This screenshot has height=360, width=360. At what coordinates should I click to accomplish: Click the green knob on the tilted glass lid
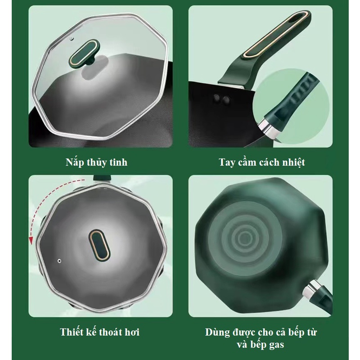(84, 53)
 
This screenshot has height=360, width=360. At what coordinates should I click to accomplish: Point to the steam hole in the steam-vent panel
(59, 261)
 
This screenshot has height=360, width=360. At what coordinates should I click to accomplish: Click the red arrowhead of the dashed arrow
(31, 240)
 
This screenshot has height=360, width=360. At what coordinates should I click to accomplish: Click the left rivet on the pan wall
(216, 97)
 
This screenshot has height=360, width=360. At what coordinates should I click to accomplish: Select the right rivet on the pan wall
(226, 99)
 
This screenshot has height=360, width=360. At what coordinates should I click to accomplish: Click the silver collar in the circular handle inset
(268, 127)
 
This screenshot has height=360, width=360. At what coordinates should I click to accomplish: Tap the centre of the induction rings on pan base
(245, 239)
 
